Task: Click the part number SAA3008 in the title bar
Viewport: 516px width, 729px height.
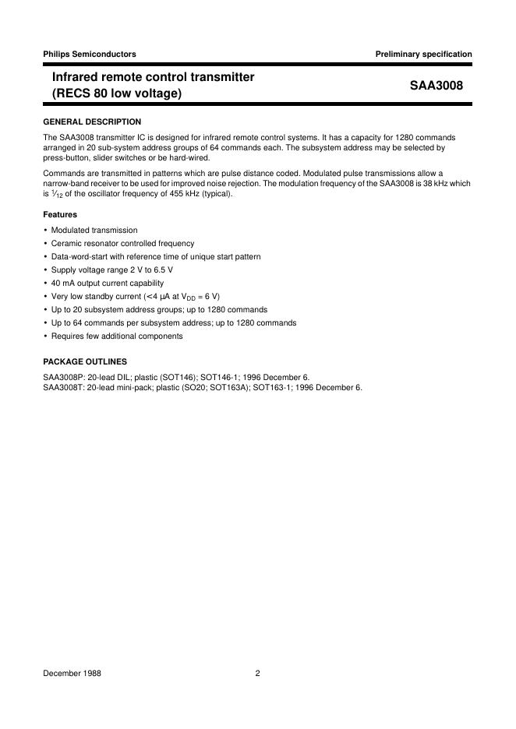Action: pyautogui.click(x=436, y=86)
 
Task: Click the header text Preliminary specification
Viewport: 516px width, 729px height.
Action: pyautogui.click(x=423, y=54)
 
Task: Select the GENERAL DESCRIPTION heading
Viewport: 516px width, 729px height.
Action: pyautogui.click(x=92, y=121)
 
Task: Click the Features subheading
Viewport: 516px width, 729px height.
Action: pyautogui.click(x=60, y=214)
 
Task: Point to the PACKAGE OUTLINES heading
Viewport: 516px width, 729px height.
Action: pyautogui.click(x=85, y=361)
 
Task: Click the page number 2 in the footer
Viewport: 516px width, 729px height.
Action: pyautogui.click(x=257, y=674)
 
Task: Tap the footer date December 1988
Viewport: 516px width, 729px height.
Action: pyautogui.click(x=72, y=674)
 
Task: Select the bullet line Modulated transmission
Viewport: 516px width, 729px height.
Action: pyautogui.click(x=94, y=230)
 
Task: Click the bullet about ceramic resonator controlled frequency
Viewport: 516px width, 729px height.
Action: pyautogui.click(x=122, y=243)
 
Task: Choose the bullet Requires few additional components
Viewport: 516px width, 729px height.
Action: pyautogui.click(x=117, y=336)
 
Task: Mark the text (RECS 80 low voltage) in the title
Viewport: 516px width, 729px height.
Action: pyautogui.click(x=116, y=94)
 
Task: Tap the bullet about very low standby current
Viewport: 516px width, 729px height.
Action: pyautogui.click(x=136, y=296)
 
